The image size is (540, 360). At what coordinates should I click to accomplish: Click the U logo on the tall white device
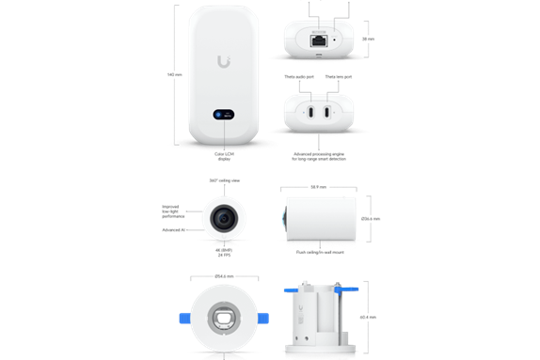pyautogui.click(x=223, y=62)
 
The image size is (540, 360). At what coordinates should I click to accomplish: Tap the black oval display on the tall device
pyautogui.click(x=224, y=114)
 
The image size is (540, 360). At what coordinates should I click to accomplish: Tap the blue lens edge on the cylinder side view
pyautogui.click(x=285, y=218)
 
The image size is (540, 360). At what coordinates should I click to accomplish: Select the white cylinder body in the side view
pyautogui.click(x=323, y=219)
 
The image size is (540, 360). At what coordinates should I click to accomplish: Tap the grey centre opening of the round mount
pyautogui.click(x=225, y=314)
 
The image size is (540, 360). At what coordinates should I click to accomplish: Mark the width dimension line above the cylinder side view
pyautogui.click(x=320, y=189)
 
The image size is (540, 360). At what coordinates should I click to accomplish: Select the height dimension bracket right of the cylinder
pyautogui.click(x=373, y=219)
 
